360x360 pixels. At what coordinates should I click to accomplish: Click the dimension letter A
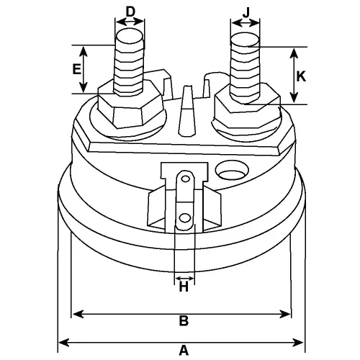(x=184, y=351)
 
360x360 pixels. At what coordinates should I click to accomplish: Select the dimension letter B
(x=183, y=321)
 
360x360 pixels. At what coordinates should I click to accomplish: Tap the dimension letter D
(x=130, y=11)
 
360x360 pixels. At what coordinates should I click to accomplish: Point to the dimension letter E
(x=76, y=70)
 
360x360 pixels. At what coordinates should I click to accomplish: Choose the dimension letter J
(x=246, y=11)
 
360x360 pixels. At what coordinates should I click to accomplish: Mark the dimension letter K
(x=302, y=76)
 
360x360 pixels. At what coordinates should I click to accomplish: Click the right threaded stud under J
(x=246, y=65)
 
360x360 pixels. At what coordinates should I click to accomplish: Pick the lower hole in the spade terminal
(x=185, y=217)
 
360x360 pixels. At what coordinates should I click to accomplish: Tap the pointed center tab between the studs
(x=187, y=108)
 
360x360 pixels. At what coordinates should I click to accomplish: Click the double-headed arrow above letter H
(x=184, y=277)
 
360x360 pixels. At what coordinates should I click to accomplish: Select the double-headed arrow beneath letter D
(x=130, y=22)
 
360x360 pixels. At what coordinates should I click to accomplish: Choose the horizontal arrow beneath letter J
(x=246, y=22)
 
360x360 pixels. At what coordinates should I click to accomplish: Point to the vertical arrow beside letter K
(x=293, y=76)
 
